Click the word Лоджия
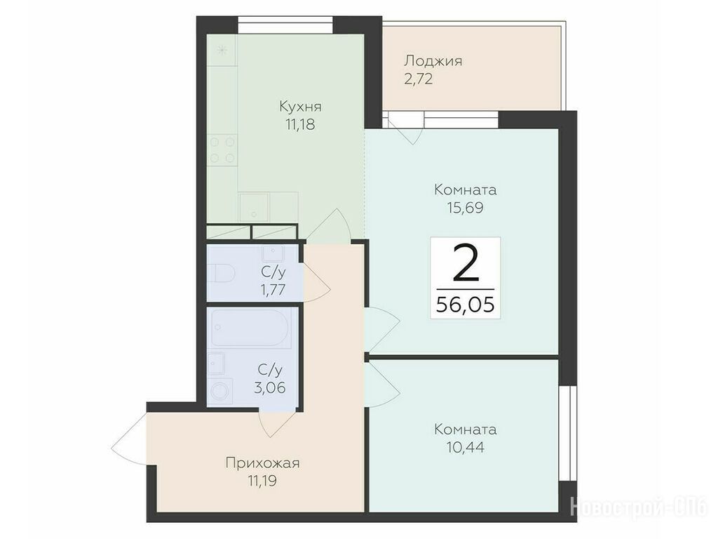(433, 61)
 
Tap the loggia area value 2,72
(418, 79)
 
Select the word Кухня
(300, 107)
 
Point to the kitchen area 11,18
(300, 125)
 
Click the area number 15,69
(466, 208)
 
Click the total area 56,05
(466, 304)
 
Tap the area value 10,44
(466, 447)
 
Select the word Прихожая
(262, 463)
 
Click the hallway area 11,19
(262, 481)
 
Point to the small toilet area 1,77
(273, 290)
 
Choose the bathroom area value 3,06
(270, 387)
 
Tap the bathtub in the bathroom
(250, 328)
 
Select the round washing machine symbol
(221, 392)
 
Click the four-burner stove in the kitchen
(222, 149)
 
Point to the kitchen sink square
(254, 207)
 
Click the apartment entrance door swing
(129, 440)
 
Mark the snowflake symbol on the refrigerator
(222, 50)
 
